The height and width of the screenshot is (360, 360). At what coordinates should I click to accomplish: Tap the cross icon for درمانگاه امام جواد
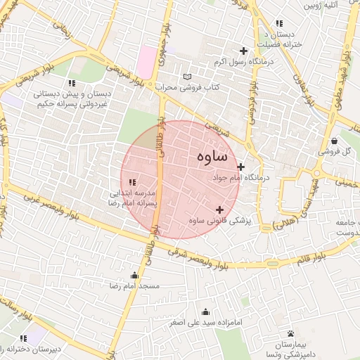click(x=241, y=167)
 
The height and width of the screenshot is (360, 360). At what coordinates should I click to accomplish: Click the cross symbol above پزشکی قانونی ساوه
click(x=220, y=210)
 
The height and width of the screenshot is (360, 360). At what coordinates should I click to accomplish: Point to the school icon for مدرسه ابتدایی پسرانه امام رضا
click(x=133, y=183)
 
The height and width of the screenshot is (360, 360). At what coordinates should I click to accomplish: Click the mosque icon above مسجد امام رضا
click(x=134, y=275)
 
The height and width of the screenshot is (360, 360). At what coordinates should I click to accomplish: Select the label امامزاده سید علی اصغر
click(x=205, y=323)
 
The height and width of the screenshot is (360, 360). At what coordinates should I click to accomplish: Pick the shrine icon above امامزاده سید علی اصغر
click(x=205, y=311)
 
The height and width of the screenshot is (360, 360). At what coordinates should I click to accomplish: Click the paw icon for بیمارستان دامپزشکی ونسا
click(x=291, y=333)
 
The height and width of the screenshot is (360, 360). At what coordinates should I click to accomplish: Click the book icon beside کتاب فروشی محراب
click(x=186, y=77)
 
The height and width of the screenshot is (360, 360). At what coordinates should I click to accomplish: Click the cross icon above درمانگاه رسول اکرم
click(x=244, y=51)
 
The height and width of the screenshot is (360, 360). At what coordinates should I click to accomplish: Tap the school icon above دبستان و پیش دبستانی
click(x=71, y=84)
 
